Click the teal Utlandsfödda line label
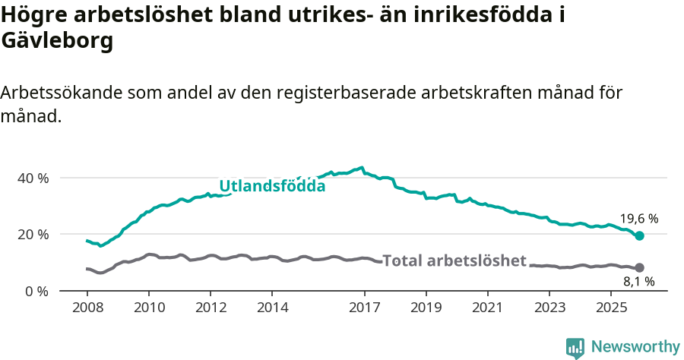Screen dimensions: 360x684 click(x=272, y=186)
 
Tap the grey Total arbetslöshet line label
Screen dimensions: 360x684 click(x=454, y=261)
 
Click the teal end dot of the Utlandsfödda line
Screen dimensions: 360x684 click(x=639, y=236)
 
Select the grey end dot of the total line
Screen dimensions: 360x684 click(x=639, y=267)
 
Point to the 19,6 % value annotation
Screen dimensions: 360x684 click(x=639, y=219)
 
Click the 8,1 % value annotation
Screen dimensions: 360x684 click(x=638, y=282)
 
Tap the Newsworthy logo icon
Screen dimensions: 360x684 click(x=575, y=348)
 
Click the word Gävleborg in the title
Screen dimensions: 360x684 click(x=57, y=42)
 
